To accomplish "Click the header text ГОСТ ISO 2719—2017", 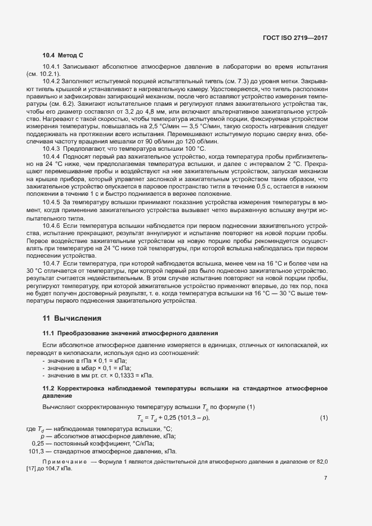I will [295, 38].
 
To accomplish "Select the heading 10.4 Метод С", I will [63, 55].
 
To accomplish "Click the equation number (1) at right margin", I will [324, 417].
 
